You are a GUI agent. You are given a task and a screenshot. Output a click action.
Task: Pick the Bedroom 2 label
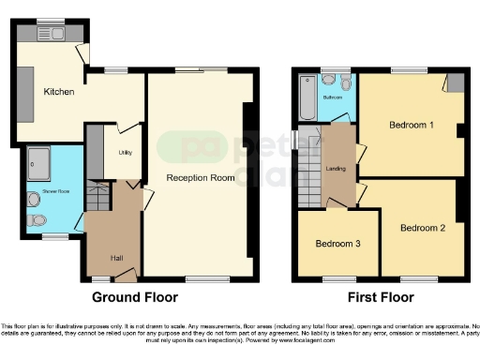point(422,228)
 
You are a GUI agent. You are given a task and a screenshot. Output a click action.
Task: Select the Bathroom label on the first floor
point(332,97)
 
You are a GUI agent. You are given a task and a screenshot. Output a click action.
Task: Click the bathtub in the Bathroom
point(307,99)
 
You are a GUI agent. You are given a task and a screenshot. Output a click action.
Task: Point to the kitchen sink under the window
point(51,35)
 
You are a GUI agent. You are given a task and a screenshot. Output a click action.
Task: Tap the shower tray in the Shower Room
point(39,166)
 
